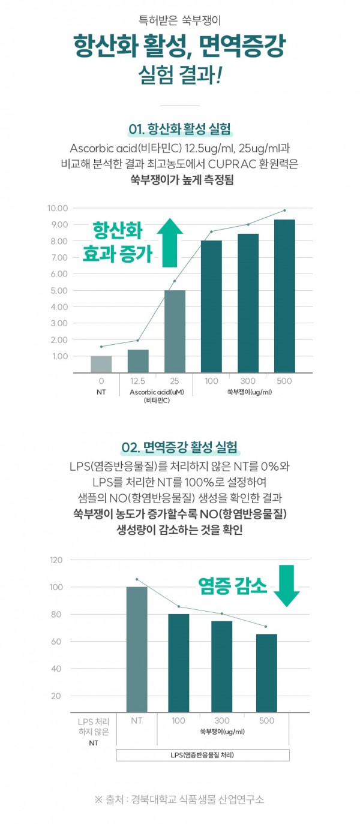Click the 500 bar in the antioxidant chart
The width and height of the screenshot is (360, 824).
(284, 296)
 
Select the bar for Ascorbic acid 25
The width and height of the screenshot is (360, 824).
(175, 331)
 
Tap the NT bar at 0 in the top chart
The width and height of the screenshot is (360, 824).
(101, 364)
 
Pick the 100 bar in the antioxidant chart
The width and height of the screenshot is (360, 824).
(211, 306)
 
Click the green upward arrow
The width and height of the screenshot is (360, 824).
(170, 243)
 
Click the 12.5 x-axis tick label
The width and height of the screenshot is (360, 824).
(137, 381)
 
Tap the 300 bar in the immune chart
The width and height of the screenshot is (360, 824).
(221, 666)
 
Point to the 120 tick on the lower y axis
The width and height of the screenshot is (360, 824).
(56, 560)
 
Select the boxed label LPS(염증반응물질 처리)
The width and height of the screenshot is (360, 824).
(203, 754)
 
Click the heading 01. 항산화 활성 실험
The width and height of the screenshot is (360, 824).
(180, 130)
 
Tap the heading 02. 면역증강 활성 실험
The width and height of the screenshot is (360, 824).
(179, 447)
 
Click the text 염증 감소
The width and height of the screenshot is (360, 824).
(232, 586)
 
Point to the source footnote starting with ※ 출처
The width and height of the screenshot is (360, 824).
(179, 799)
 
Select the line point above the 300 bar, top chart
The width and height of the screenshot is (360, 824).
(248, 224)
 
